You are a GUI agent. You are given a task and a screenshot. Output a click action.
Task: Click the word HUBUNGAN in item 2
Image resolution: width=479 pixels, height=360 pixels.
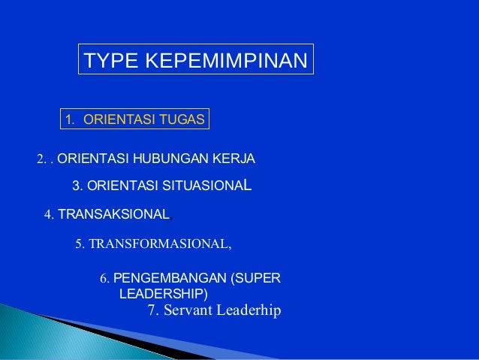(164, 159)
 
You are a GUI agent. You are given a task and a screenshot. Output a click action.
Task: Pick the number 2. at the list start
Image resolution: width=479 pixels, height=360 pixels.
(42, 159)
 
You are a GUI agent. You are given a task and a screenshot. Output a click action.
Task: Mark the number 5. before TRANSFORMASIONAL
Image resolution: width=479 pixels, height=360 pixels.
(82, 244)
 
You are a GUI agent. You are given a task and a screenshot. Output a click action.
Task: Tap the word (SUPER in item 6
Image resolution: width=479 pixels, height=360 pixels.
(256, 279)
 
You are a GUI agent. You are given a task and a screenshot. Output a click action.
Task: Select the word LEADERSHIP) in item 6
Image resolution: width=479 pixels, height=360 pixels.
(164, 292)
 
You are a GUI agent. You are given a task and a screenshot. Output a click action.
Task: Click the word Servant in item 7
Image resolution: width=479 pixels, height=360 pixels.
(184, 310)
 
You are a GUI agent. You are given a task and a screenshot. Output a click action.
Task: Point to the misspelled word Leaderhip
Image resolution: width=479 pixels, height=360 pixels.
(247, 310)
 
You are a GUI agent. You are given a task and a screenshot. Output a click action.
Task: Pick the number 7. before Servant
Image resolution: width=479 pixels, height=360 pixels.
(150, 310)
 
